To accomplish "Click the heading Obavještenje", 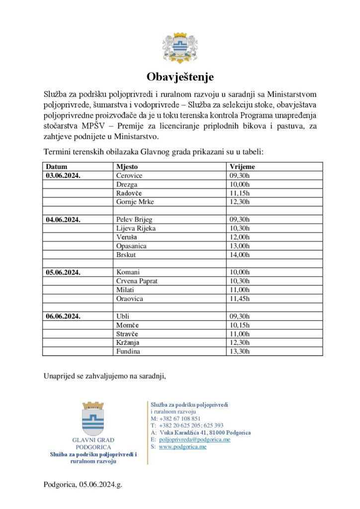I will (180, 77).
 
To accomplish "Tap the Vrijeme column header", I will (242, 167).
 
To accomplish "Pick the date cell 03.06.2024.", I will (63, 176).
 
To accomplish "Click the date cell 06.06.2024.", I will (63, 316).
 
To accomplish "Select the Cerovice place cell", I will (129, 176).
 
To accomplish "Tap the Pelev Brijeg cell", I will (134, 220).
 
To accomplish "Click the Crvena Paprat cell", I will (137, 281).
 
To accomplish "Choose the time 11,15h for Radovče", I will (240, 193).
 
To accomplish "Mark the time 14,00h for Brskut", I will (240, 254).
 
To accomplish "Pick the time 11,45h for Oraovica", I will (240, 299).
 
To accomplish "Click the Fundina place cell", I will (128, 351).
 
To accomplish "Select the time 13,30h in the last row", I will (240, 351).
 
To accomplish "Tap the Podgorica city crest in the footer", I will (93, 419).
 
